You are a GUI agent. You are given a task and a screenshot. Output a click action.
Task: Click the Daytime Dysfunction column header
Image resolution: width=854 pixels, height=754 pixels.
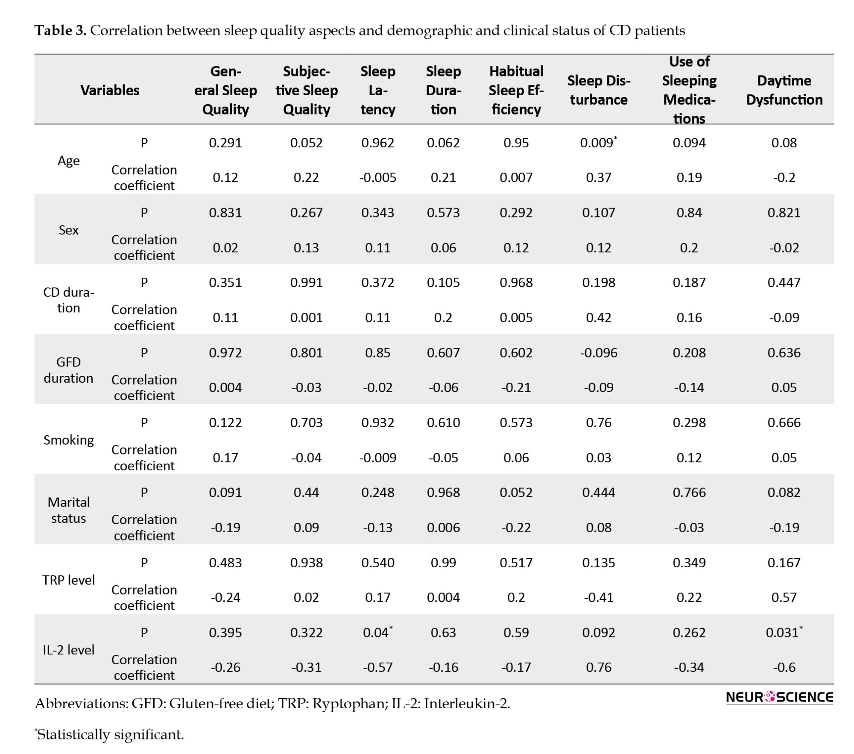click(784, 90)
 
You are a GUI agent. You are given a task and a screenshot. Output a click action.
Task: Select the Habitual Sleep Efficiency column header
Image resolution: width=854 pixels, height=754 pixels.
click(516, 90)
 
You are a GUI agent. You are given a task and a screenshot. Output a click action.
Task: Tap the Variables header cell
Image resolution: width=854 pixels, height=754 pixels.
click(110, 90)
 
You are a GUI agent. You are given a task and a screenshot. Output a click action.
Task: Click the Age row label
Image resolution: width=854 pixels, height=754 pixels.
click(68, 161)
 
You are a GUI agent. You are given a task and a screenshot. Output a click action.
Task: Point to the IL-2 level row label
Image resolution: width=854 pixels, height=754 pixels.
click(68, 650)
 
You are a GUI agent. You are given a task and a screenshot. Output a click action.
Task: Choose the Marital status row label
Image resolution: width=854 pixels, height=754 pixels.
click(68, 510)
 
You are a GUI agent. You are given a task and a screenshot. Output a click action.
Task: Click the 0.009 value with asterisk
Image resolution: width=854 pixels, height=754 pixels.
click(598, 142)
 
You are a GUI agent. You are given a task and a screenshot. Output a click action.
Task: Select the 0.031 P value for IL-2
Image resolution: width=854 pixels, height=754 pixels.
click(784, 632)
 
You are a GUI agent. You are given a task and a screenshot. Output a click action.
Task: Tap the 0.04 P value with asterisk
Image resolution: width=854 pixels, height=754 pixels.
click(377, 632)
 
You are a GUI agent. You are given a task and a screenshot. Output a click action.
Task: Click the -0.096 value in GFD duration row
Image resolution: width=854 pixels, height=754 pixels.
click(598, 352)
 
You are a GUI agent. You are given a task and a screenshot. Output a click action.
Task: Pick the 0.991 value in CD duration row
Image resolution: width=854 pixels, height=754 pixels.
click(306, 282)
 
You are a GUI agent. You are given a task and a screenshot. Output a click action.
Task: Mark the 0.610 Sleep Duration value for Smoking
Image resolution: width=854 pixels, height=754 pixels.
click(443, 422)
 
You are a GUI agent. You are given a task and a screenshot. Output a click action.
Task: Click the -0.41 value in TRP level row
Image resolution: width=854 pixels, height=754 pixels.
click(598, 597)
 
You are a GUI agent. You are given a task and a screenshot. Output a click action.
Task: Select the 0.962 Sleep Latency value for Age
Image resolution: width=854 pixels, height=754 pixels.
click(377, 142)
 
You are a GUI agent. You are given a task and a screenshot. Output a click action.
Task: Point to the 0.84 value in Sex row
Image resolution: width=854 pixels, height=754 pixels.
click(689, 212)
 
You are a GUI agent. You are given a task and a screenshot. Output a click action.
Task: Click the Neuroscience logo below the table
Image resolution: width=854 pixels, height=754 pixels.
click(779, 697)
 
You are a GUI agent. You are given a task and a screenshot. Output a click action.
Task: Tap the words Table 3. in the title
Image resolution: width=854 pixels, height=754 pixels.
click(60, 30)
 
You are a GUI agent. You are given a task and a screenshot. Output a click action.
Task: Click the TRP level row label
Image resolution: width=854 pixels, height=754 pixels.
click(68, 580)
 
